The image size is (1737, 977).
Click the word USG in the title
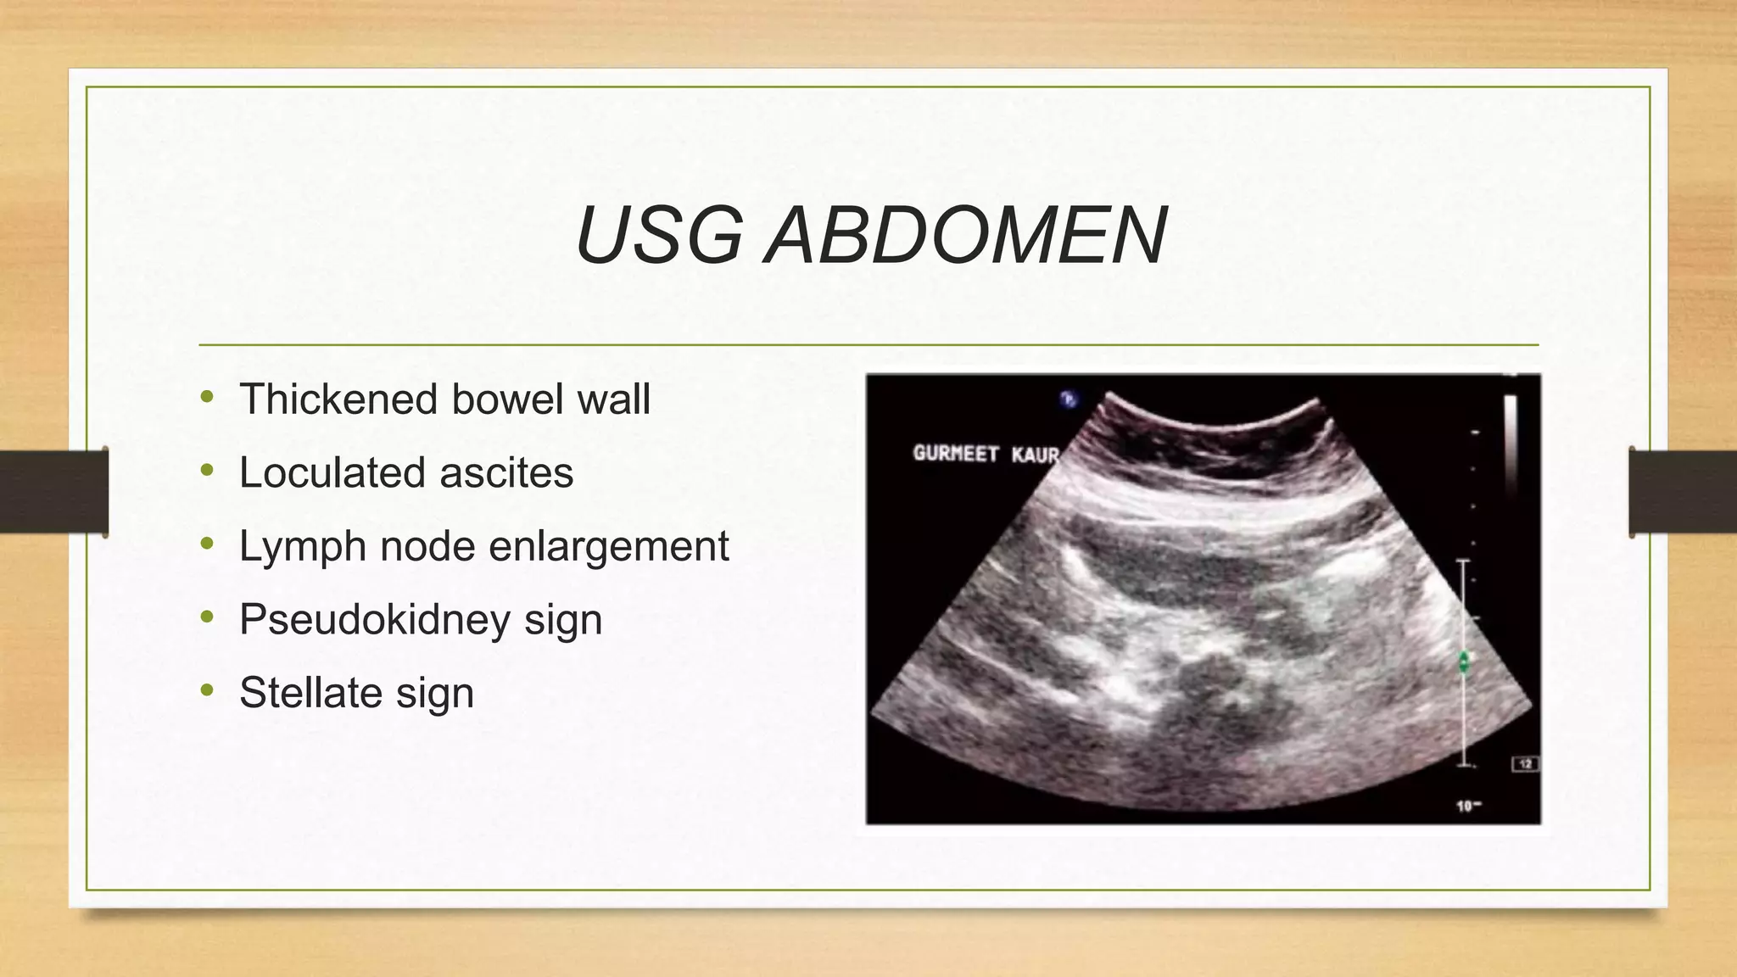tap(659, 236)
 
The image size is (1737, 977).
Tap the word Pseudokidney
tap(374, 620)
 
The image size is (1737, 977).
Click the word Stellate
tap(310, 693)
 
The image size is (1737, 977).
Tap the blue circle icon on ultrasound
tap(1069, 399)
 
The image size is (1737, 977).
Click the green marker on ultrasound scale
tap(1464, 662)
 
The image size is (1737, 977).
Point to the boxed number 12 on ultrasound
tap(1525, 764)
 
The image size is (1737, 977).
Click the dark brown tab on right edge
tap(1683, 492)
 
